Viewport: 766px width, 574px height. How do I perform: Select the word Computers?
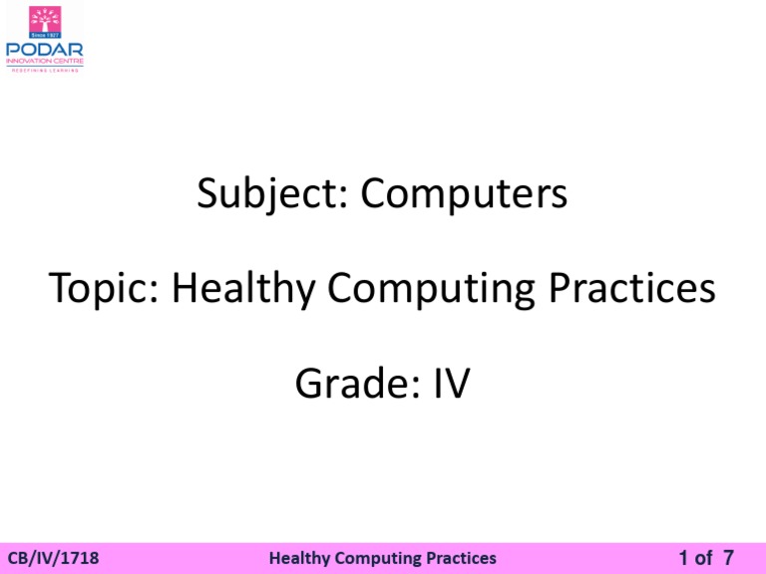click(465, 193)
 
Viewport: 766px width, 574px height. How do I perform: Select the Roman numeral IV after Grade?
click(450, 384)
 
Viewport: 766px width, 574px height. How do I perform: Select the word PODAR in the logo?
click(44, 49)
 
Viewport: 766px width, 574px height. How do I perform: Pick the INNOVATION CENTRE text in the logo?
click(44, 61)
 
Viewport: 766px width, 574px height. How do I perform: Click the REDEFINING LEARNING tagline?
click(44, 71)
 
